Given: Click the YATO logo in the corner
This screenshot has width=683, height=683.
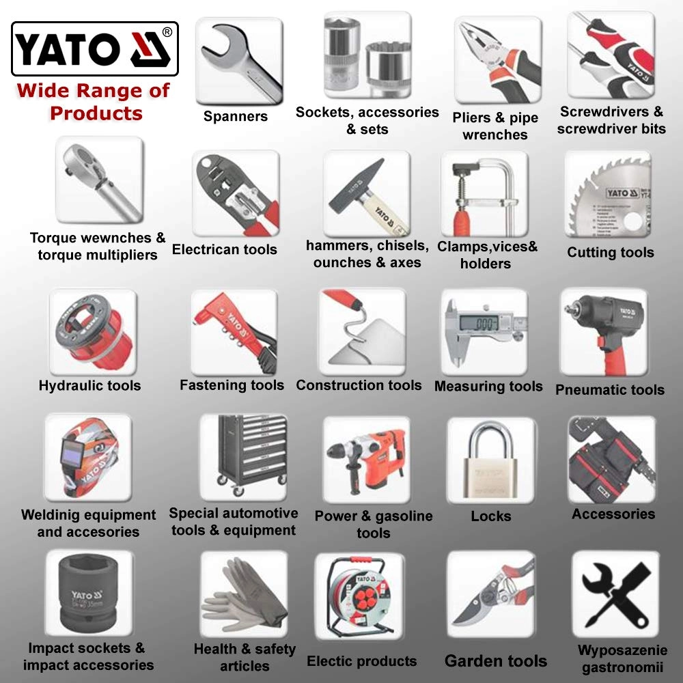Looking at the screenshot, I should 95,48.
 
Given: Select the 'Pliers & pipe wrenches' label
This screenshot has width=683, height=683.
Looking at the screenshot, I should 494,126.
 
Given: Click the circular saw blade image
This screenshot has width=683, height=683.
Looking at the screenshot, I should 609,195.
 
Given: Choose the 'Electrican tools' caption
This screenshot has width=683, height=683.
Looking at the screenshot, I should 225,250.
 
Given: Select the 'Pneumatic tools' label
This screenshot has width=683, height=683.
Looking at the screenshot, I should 609,390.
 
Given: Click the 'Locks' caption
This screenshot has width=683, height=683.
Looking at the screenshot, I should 490,516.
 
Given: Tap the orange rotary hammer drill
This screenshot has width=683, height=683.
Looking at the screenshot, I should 366,460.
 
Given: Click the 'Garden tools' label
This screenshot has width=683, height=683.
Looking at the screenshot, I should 495,661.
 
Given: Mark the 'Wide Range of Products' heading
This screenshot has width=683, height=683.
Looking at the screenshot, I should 94,102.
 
